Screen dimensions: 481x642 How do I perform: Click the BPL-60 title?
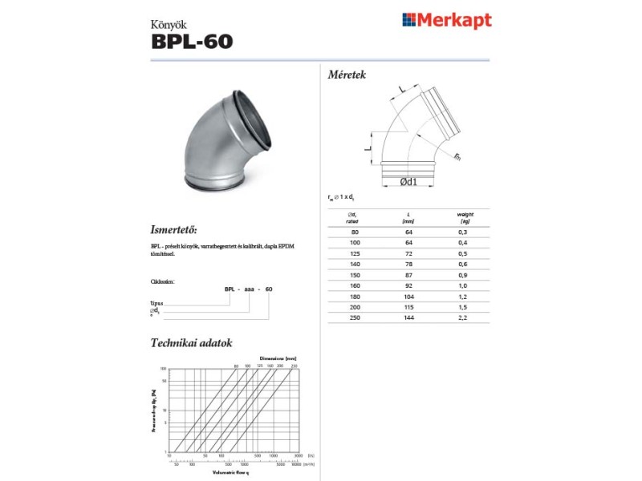[x=192, y=40]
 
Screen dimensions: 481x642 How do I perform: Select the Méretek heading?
[x=347, y=75]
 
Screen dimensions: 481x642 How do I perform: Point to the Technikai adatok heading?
[x=192, y=343]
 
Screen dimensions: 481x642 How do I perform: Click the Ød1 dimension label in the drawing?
[x=408, y=182]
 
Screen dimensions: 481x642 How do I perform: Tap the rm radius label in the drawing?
[x=457, y=156]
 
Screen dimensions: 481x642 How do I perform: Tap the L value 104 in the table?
[x=409, y=296]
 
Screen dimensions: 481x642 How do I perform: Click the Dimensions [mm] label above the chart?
[x=279, y=358]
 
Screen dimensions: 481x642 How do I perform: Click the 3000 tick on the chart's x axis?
[x=299, y=455]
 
